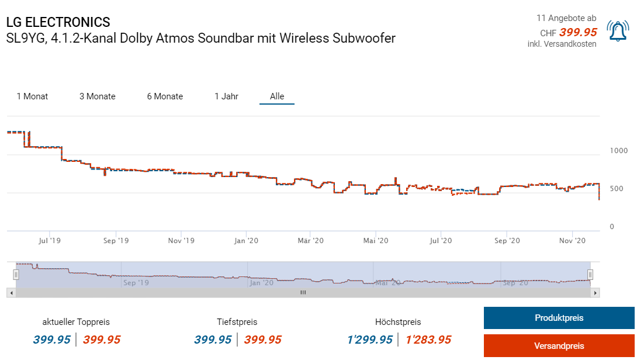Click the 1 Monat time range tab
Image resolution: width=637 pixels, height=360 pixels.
[x=32, y=96]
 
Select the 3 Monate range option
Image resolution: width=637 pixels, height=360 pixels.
[x=98, y=96]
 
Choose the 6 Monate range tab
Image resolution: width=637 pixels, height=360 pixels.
[x=165, y=96]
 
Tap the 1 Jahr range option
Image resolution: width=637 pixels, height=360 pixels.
[x=226, y=96]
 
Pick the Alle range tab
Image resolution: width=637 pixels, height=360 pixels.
[x=277, y=96]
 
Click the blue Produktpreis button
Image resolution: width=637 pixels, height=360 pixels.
[x=559, y=318]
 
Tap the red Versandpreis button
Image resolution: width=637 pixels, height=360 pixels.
[x=559, y=346]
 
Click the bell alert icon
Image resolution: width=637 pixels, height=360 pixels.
[x=618, y=31]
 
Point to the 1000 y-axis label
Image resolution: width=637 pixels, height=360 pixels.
[x=618, y=151]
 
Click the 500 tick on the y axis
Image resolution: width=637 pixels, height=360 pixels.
[x=616, y=189]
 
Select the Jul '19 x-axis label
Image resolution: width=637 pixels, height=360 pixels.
[x=50, y=240]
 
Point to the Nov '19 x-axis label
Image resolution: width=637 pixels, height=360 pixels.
[x=181, y=240]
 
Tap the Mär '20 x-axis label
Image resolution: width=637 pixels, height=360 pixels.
[x=310, y=240]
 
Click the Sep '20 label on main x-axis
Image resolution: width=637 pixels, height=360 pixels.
[x=507, y=240]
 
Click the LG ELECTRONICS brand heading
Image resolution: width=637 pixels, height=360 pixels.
[x=58, y=22]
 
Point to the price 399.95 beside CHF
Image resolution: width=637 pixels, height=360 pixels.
[x=577, y=32]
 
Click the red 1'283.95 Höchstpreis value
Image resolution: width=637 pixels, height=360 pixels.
[x=428, y=340]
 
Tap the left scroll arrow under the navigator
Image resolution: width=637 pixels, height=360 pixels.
[x=11, y=292]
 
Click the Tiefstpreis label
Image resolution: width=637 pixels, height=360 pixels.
[x=237, y=322]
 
